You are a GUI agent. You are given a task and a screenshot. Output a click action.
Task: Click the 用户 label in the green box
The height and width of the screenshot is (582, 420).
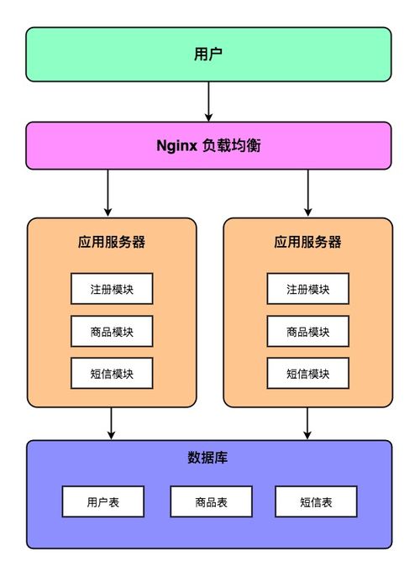pyautogui.click(x=208, y=55)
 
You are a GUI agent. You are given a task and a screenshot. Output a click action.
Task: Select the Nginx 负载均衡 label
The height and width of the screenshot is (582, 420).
pyautogui.click(x=208, y=144)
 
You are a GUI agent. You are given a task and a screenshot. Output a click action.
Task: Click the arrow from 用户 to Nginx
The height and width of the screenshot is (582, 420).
pyautogui.click(x=208, y=101)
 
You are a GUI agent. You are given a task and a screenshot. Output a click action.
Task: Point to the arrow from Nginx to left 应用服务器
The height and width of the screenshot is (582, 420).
pyautogui.click(x=108, y=192)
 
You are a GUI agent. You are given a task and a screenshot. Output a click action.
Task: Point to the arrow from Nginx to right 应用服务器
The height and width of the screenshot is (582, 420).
pyautogui.click(x=307, y=192)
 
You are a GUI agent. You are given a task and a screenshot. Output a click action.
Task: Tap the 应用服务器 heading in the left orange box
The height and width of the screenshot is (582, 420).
pyautogui.click(x=111, y=242)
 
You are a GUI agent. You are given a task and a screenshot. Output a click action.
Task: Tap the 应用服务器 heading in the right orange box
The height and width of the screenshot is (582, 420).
pyautogui.click(x=307, y=242)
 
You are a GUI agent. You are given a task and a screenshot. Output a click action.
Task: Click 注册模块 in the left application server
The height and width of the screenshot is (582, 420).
pyautogui.click(x=111, y=289)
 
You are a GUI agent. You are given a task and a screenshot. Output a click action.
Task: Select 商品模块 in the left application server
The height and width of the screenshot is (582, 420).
pyautogui.click(x=111, y=331)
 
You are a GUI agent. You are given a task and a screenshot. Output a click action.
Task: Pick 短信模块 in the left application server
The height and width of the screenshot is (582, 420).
pyautogui.click(x=111, y=373)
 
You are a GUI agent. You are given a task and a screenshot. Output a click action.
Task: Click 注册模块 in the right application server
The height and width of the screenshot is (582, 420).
pyautogui.click(x=307, y=289)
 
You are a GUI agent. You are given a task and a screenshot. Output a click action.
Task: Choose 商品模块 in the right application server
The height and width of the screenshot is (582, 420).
pyautogui.click(x=307, y=331)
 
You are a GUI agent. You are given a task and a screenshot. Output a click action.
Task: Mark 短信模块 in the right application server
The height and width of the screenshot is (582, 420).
pyautogui.click(x=307, y=373)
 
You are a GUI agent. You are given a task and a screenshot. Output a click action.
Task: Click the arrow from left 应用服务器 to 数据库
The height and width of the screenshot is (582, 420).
pyautogui.click(x=111, y=423)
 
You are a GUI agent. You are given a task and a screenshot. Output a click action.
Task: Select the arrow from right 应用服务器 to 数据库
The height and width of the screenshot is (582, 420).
pyautogui.click(x=307, y=423)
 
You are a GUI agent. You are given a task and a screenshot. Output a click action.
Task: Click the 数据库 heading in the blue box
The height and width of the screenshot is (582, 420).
pyautogui.click(x=208, y=459)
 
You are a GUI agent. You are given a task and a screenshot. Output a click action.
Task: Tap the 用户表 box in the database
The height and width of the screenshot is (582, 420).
pyautogui.click(x=102, y=501)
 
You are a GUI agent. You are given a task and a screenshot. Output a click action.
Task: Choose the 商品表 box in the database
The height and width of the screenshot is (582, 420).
pyautogui.click(x=211, y=501)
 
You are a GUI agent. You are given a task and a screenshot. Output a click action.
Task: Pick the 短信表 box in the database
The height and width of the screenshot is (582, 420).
pyautogui.click(x=316, y=501)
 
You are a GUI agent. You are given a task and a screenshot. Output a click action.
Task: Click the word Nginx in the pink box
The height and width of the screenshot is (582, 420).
pyautogui.click(x=176, y=144)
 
